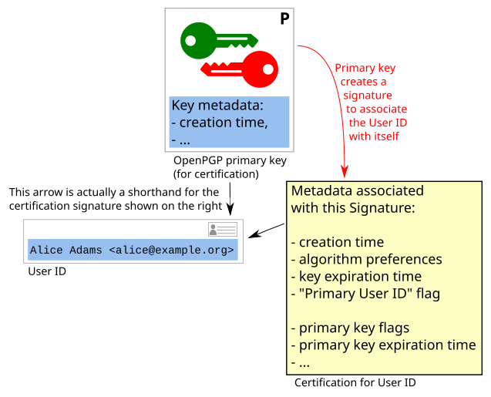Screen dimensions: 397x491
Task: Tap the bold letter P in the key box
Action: [x=284, y=19]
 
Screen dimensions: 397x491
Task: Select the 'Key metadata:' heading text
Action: [x=217, y=106]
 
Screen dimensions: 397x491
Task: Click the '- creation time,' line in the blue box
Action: [x=219, y=123]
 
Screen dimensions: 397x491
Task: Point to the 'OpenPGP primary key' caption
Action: [x=230, y=160]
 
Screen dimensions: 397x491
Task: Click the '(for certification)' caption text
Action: [x=215, y=173]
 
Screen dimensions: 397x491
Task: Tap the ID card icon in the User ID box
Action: [x=223, y=230]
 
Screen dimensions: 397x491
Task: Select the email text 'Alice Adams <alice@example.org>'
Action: [x=132, y=250]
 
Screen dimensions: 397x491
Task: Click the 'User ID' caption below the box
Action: [x=46, y=271]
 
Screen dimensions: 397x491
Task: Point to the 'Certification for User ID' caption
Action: [x=355, y=382]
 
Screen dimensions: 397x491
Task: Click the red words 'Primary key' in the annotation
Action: [x=365, y=68]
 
